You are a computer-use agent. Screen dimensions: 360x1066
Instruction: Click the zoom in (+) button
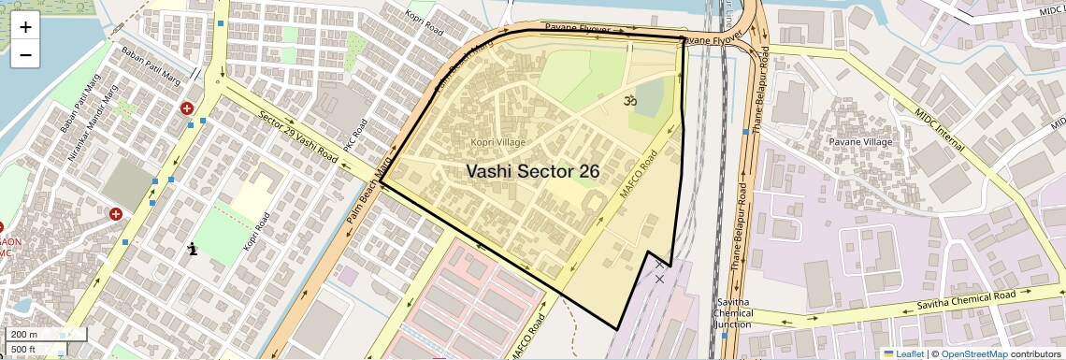click(x=25, y=27)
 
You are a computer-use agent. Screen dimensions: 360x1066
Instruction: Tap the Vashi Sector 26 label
click(x=532, y=172)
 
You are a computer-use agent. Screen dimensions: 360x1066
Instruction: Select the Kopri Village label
click(x=499, y=142)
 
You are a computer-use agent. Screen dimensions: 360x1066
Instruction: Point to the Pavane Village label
click(x=859, y=142)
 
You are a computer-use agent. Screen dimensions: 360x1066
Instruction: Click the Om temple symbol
click(x=629, y=99)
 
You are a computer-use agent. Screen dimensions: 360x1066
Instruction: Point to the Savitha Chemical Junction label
click(x=732, y=313)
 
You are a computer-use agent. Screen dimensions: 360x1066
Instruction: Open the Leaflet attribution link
click(x=903, y=353)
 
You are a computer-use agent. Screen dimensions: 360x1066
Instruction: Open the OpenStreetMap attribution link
click(x=972, y=353)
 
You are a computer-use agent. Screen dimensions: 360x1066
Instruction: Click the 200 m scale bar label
click(x=24, y=334)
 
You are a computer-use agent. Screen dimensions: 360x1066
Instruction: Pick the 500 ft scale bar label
click(x=23, y=350)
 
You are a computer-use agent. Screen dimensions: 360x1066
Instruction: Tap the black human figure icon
click(x=192, y=249)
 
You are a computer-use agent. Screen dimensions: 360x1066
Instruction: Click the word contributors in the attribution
click(x=1035, y=353)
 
